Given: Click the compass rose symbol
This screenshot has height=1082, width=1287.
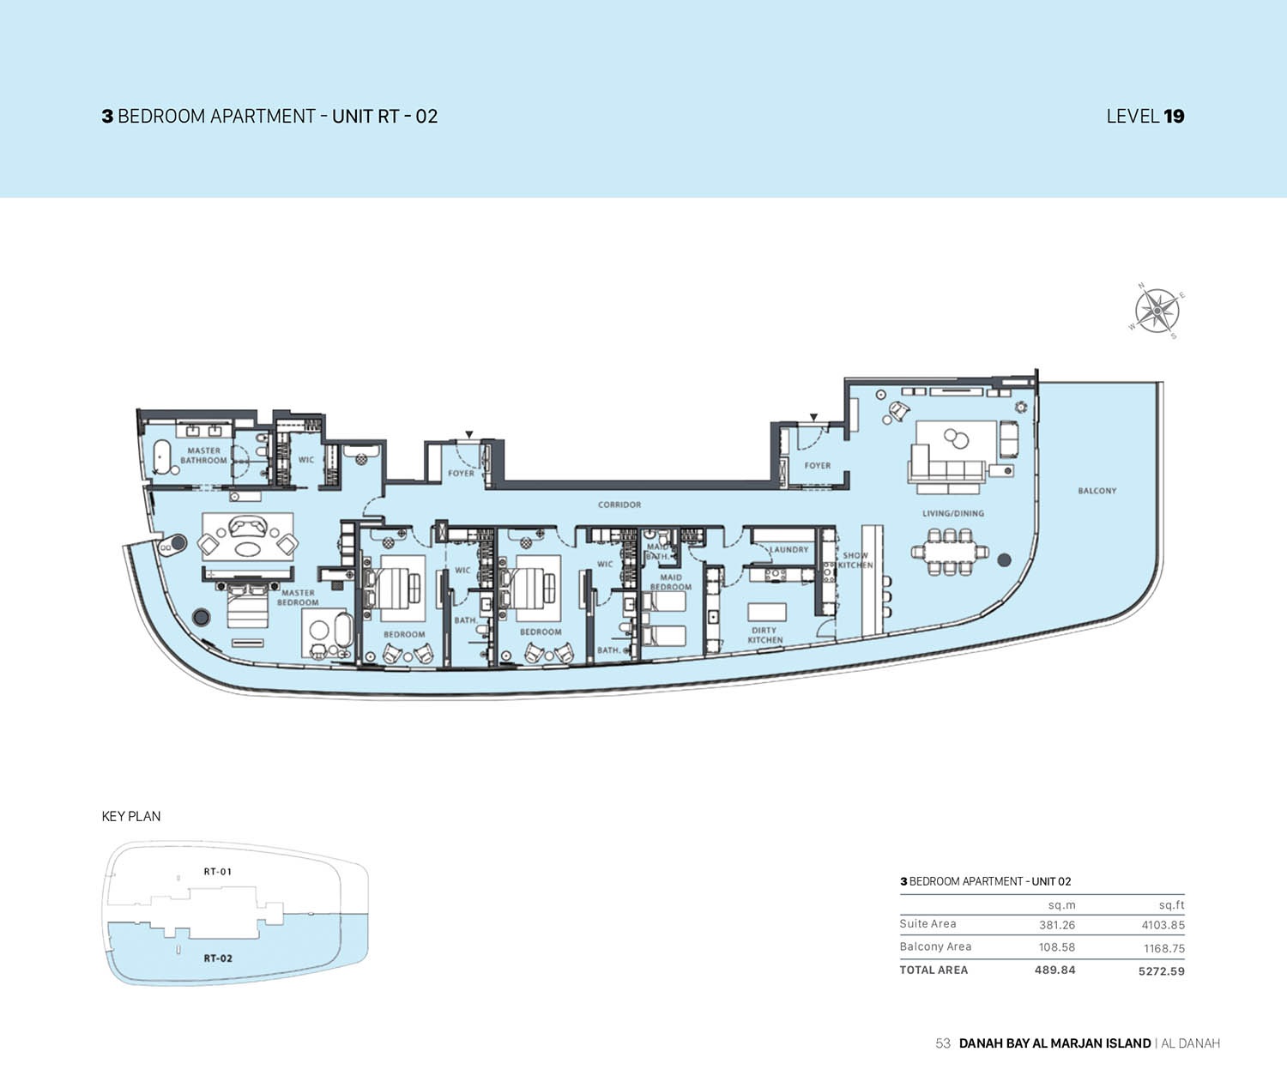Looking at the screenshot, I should click(1157, 311).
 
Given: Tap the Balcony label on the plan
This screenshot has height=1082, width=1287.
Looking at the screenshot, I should click(1097, 491).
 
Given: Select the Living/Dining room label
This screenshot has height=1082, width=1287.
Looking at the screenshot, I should click(952, 513).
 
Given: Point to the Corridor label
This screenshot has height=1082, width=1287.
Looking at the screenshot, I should click(619, 505).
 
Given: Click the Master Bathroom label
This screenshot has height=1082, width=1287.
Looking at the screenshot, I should click(203, 456).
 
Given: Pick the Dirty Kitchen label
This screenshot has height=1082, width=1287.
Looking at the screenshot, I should click(764, 635).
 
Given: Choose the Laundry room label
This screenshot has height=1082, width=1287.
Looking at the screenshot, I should click(789, 549).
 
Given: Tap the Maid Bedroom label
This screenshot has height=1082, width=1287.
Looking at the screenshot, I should click(670, 583).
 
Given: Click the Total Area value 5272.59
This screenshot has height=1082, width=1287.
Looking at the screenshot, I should click(1161, 971).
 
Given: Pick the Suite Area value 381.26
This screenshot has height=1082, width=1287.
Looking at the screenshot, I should click(1056, 925).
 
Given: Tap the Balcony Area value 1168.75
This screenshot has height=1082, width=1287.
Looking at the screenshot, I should click(1163, 948).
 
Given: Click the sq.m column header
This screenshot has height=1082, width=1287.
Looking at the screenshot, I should click(1061, 905).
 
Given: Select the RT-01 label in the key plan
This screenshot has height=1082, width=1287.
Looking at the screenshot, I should click(217, 872).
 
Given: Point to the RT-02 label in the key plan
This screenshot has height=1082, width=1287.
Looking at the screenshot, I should click(218, 958).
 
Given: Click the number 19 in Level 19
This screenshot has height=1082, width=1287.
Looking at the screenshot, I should click(1174, 117).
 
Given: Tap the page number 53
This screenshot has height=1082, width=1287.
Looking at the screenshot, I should click(943, 1043).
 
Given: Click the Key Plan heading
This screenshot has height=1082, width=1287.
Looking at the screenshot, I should click(131, 816).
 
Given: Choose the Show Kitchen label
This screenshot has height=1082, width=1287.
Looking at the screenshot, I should click(855, 559).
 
